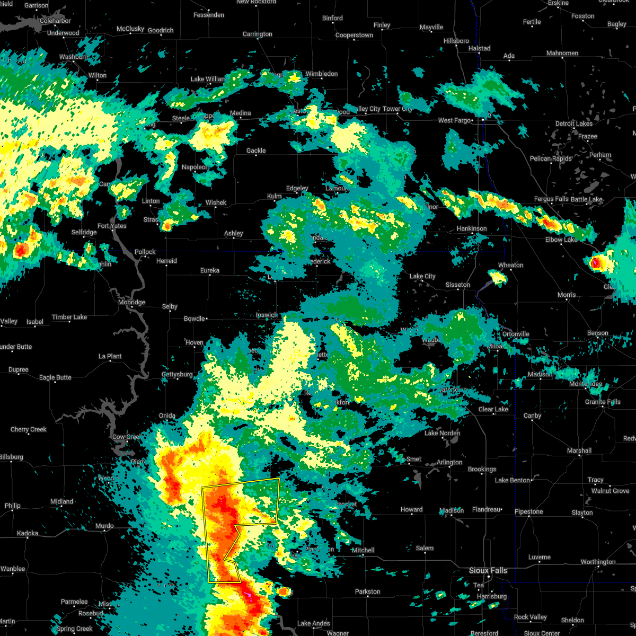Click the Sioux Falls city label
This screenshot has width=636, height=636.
point(488,570)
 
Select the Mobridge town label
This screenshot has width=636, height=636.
point(131,302)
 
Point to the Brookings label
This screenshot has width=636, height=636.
point(482,469)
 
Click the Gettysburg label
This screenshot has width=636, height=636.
point(177,374)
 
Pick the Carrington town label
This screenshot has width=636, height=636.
point(258,34)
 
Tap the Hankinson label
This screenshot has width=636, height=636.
point(472,228)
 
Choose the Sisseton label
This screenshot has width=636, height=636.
point(457,285)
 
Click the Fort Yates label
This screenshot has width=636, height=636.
point(112,226)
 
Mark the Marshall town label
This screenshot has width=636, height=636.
point(579,450)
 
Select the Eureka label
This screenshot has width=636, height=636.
point(210,270)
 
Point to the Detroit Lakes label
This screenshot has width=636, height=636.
point(574,123)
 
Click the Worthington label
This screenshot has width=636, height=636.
point(598,562)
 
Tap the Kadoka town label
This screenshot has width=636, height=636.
point(28,533)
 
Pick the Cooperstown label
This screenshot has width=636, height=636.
point(354,35)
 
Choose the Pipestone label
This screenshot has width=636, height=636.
point(528,511)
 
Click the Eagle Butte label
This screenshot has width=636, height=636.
point(55,377)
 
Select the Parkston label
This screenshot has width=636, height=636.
point(368,591)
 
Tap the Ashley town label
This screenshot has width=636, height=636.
point(233,233)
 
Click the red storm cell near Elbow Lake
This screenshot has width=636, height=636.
point(596,262)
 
